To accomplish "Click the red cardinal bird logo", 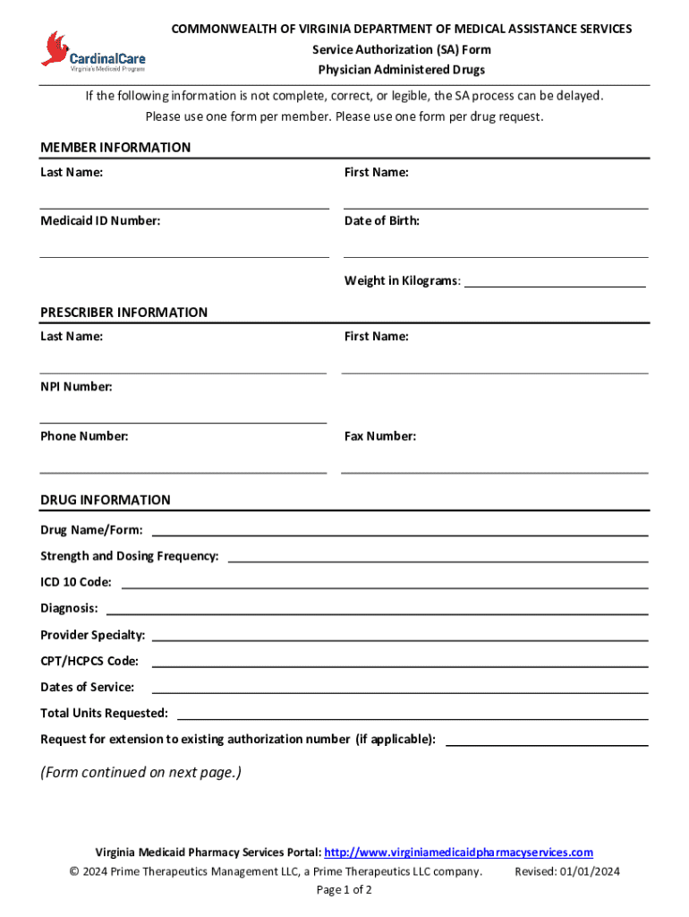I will [55, 48].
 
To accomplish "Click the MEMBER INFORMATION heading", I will [115, 148].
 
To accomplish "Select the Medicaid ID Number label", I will [100, 220].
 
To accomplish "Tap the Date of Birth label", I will [382, 220].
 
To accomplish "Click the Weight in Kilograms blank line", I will [555, 283].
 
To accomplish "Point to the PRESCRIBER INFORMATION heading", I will [123, 313].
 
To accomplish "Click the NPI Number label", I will [76, 387].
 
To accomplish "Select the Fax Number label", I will [380, 436].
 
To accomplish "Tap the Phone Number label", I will [84, 436].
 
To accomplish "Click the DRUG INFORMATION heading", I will [105, 500].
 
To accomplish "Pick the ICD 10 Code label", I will [76, 582].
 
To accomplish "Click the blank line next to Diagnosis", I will [377, 611].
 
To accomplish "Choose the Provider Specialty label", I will [92, 635].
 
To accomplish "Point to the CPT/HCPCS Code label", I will [89, 661].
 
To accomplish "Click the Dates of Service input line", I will [399, 690].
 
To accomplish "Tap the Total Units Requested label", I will [104, 713].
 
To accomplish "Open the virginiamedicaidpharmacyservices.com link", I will [458, 853].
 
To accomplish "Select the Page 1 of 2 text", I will [344, 890].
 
